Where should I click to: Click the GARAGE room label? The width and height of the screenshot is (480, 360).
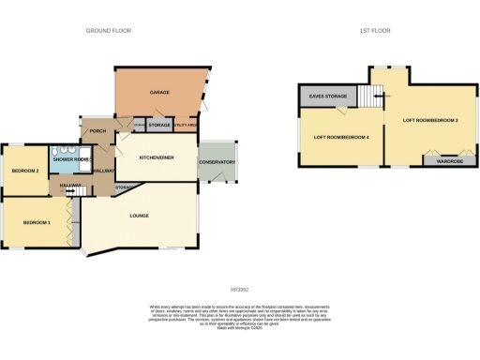157,93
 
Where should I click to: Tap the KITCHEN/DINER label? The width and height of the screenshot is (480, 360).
157,157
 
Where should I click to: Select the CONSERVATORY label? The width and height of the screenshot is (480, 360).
217,162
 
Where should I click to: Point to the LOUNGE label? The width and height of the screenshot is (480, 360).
140,217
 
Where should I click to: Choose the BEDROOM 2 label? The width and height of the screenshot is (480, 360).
24,171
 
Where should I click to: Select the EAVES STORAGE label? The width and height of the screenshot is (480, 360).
322,96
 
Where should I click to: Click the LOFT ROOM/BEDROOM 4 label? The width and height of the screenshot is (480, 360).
340,139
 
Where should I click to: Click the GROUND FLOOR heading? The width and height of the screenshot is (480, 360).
109,31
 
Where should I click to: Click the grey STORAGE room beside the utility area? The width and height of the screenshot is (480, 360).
158,124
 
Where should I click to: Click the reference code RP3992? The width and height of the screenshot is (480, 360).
240,291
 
